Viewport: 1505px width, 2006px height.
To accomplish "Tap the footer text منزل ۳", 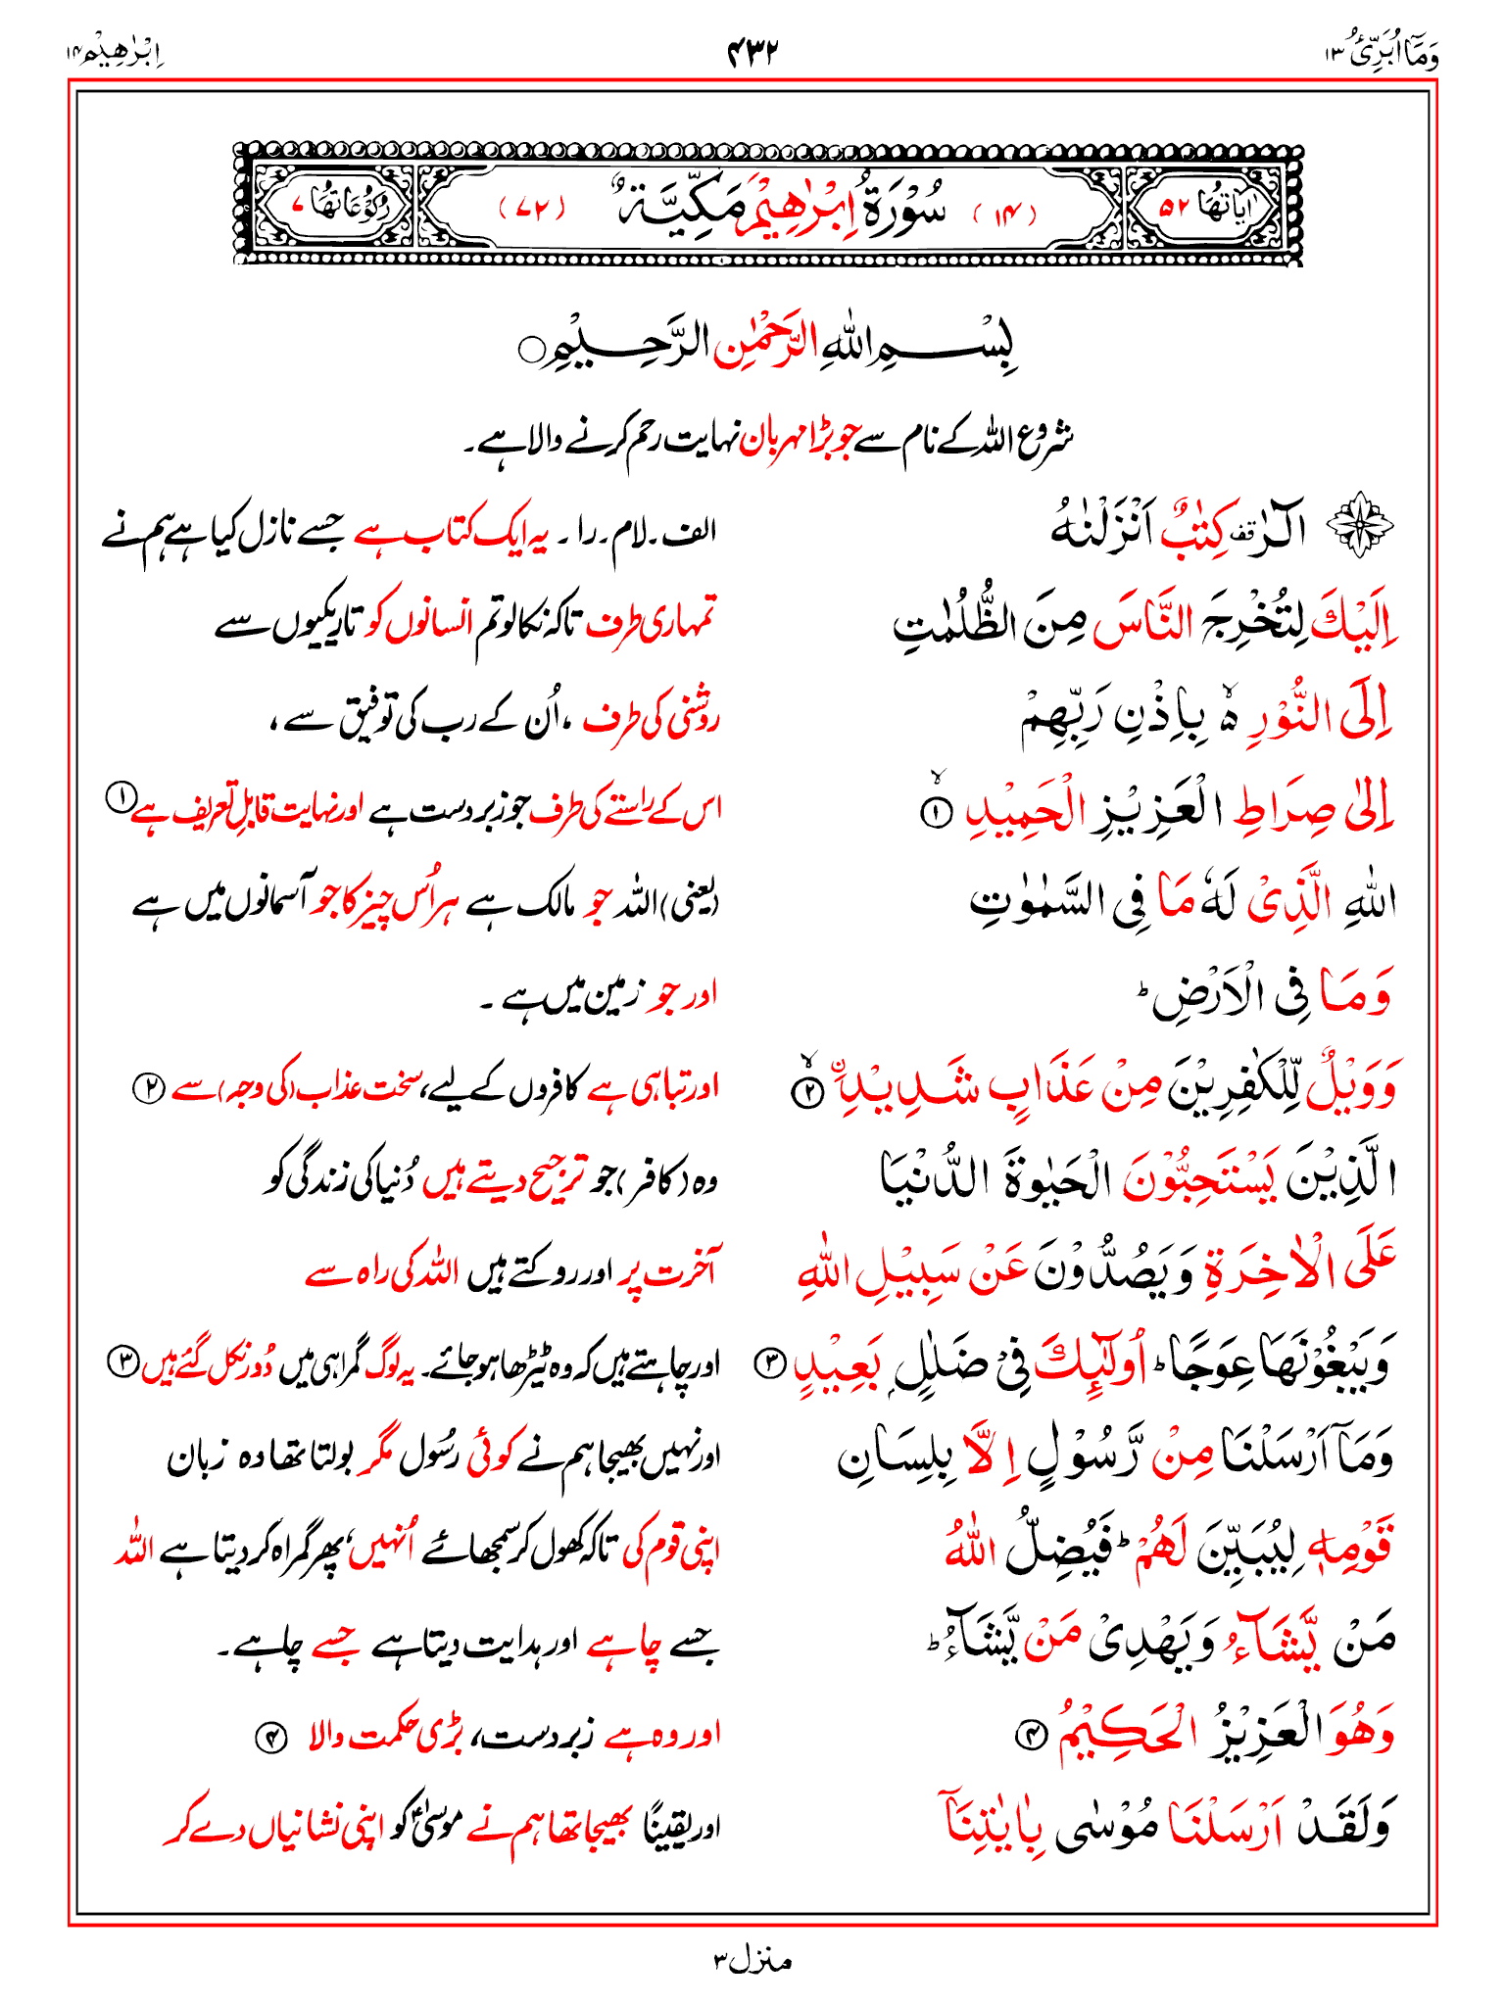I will (x=752, y=1960).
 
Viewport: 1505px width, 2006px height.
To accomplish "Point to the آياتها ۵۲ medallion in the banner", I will (x=1206, y=207).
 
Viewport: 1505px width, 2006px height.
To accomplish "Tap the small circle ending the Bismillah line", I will (x=530, y=350).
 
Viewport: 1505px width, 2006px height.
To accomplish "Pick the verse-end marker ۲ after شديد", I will (x=807, y=1092).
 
